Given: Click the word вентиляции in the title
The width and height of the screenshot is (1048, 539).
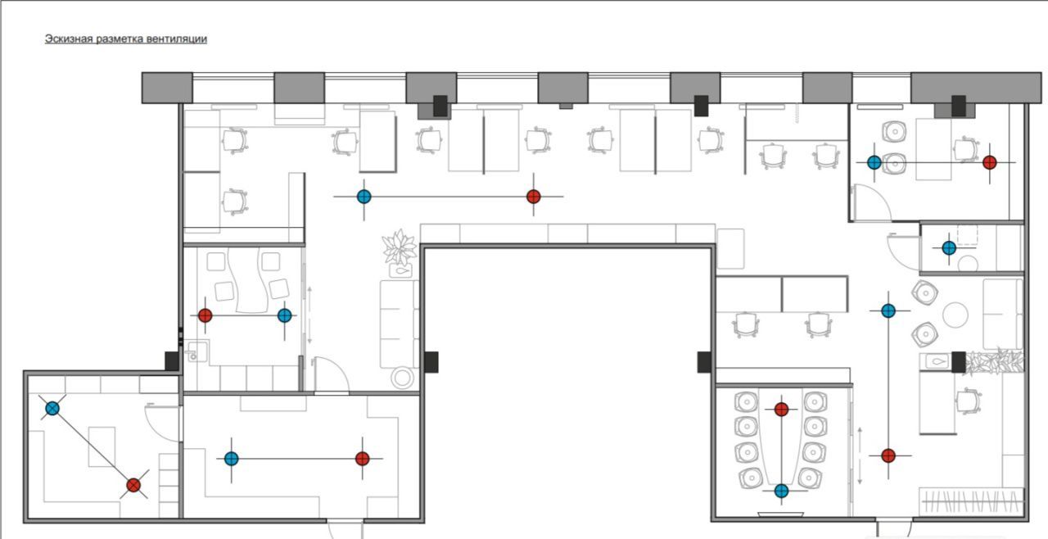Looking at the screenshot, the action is tap(177, 38).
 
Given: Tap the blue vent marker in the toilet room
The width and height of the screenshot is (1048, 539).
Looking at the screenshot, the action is tap(949, 247).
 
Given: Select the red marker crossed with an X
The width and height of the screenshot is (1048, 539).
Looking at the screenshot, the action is tap(133, 485).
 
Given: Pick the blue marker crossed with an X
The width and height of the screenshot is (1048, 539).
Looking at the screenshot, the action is tap(53, 409).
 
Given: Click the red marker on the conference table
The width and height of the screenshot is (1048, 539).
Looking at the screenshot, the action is tap(781, 410).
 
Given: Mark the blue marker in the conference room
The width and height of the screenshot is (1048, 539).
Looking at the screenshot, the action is tap(781, 491).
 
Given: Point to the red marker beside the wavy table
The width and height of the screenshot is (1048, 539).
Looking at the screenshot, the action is tap(205, 315).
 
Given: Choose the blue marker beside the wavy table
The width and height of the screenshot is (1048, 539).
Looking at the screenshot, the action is tap(284, 315).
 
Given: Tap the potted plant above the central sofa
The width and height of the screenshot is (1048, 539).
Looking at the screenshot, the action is tap(400, 247).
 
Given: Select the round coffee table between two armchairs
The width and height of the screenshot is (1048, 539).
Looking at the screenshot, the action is tap(955, 315).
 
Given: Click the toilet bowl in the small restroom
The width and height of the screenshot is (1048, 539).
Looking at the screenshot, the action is tap(968, 263).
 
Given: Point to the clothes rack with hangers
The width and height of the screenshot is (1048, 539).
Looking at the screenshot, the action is tap(971, 502).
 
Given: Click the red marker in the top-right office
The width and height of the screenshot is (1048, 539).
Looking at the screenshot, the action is tap(990, 162).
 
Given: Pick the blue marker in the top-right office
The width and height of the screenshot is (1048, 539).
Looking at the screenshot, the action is tap(874, 162).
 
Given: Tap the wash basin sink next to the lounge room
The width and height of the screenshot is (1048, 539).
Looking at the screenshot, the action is tap(197, 352).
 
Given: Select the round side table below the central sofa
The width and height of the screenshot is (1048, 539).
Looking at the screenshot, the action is tap(402, 378).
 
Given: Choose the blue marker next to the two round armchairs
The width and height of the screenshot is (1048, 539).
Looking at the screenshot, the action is tap(888, 310).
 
